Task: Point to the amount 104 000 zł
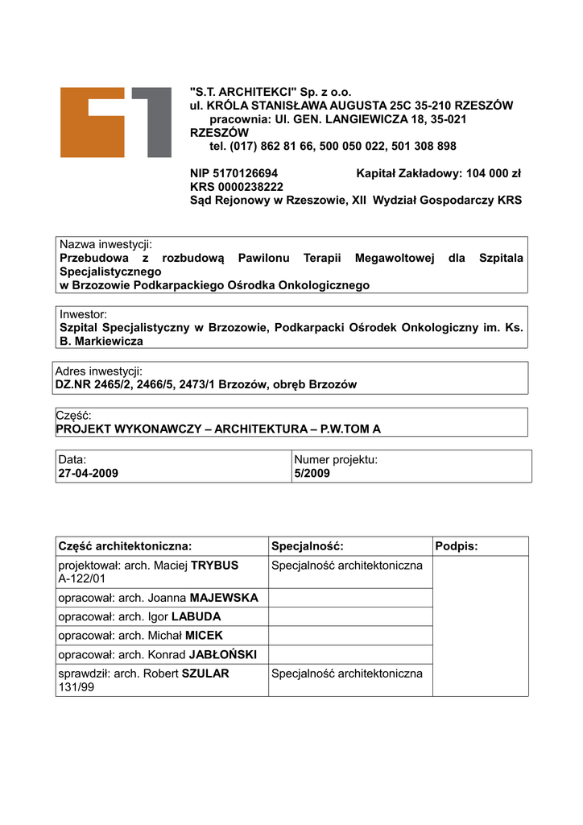[494, 173]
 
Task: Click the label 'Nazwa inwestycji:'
[105, 244]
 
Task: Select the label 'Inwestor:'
[84, 314]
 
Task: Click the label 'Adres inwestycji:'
[98, 371]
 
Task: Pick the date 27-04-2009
[88, 474]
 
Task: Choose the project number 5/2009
[312, 474]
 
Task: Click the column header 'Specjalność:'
[308, 546]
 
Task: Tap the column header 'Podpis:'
[457, 546]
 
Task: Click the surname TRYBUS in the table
[214, 566]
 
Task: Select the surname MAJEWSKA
[225, 598]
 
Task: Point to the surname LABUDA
[196, 617]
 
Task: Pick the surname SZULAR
[206, 674]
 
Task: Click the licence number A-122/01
[82, 578]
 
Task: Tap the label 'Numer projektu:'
[336, 460]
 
